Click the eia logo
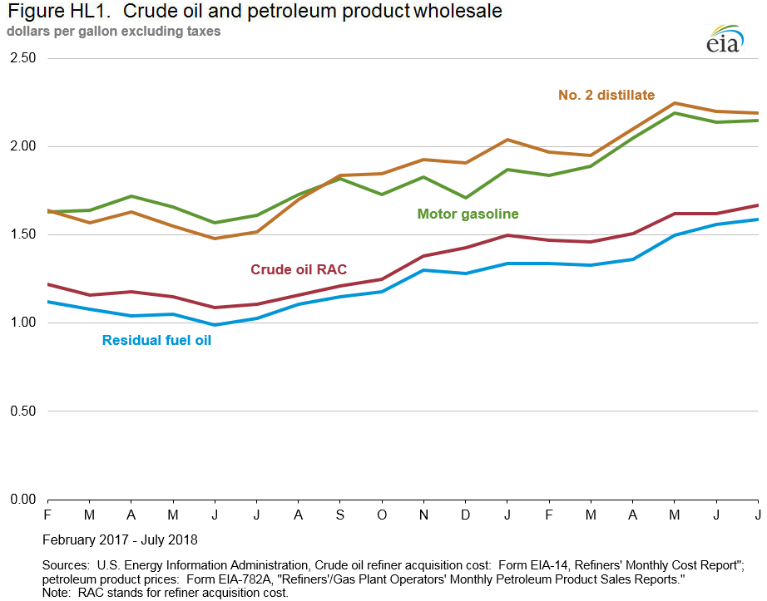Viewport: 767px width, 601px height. click(x=723, y=41)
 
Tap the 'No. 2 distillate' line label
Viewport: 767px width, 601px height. click(x=606, y=95)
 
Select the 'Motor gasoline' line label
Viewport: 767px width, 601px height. click(x=468, y=214)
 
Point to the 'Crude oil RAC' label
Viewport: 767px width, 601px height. click(x=299, y=269)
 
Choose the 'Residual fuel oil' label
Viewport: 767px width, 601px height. click(x=156, y=339)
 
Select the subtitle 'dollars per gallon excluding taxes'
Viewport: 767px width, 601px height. click(x=114, y=32)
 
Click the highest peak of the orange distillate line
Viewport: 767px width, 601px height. click(x=674, y=103)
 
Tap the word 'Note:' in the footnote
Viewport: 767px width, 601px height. click(x=58, y=592)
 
